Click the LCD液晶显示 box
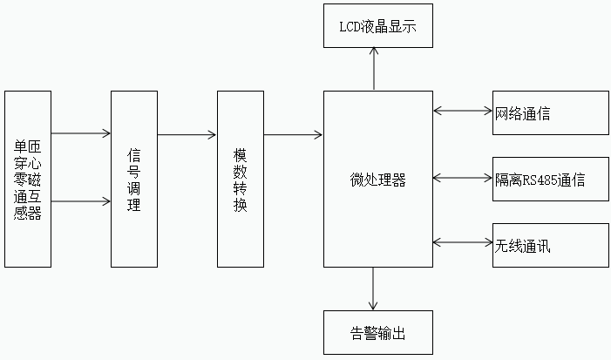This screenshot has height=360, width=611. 377,26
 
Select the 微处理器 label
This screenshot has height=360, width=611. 377,180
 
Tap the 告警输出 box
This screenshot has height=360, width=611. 377,332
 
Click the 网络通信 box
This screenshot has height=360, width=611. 550,113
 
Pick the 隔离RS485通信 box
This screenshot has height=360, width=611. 550,180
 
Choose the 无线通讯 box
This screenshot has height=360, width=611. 550,246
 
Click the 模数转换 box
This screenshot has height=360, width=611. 240,180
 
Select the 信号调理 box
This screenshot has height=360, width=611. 133,180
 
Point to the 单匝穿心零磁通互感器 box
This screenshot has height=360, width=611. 28,180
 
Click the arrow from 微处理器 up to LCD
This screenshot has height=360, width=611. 375,70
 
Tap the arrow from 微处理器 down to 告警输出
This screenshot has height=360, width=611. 375,289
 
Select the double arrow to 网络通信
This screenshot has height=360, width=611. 463,111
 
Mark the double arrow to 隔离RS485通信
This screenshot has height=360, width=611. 463,178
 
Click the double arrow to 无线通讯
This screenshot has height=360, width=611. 463,243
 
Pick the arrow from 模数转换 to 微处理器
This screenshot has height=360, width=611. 293,134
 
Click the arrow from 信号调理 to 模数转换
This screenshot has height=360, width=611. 187,134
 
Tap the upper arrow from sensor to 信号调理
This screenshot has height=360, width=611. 81,134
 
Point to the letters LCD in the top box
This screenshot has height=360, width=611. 351,27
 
